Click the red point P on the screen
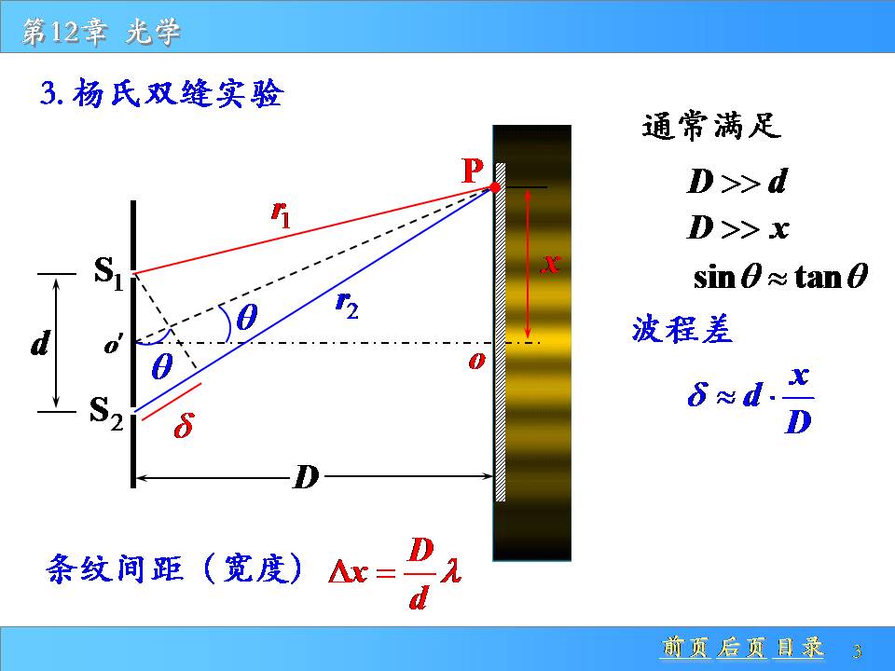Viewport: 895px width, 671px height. [495, 187]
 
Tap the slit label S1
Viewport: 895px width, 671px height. [108, 273]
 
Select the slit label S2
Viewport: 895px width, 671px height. [106, 413]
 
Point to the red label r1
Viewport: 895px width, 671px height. [281, 214]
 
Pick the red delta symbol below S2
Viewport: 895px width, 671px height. [184, 425]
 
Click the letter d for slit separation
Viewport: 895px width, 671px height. [40, 344]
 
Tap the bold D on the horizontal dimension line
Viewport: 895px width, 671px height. [306, 476]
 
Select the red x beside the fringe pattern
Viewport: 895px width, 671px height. [551, 264]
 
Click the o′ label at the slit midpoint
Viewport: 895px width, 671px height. [113, 345]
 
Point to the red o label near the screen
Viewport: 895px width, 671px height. [476, 361]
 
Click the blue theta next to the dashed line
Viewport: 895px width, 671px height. [246, 317]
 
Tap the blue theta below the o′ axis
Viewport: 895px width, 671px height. [162, 366]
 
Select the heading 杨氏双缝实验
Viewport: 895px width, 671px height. [177, 93]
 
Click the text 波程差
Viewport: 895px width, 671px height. [682, 329]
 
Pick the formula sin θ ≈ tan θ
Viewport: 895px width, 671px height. [780, 277]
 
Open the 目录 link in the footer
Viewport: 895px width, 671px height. [800, 649]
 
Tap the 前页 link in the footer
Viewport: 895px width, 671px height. [683, 649]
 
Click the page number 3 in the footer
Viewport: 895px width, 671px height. [857, 651]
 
